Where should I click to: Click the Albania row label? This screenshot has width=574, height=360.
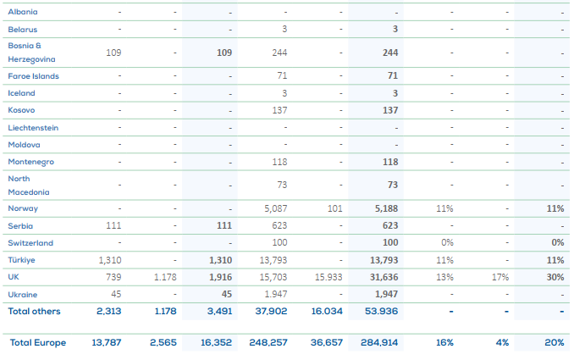23,13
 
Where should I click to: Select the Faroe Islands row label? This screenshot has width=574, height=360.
33,76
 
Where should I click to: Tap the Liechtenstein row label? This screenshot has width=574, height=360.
33,127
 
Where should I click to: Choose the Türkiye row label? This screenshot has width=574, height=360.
22,260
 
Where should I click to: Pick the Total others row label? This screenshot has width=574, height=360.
35,310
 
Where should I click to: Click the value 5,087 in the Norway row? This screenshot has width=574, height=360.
276,208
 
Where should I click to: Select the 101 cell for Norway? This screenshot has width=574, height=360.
334,208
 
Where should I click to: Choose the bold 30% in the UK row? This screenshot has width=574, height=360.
556,277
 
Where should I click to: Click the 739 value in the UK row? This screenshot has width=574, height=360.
112,277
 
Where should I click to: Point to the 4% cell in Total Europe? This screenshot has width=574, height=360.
503,342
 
